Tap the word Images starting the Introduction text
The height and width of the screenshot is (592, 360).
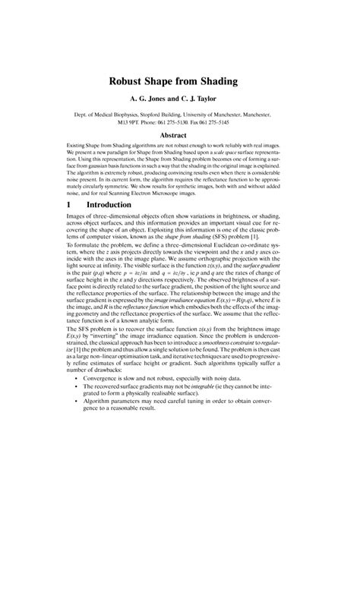78,219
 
